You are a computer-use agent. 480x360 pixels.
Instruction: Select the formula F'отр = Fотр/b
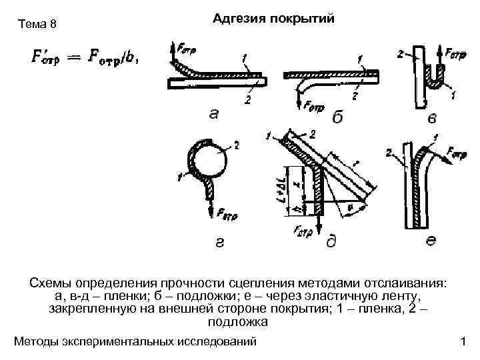click(83, 57)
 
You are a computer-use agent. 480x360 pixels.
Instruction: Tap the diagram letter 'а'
click(214, 113)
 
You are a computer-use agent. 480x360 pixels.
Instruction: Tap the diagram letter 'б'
click(338, 117)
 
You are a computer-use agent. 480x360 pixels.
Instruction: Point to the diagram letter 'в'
click(432, 117)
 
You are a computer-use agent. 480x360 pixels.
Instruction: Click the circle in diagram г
click(207, 159)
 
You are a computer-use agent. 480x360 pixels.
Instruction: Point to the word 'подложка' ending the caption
click(238, 323)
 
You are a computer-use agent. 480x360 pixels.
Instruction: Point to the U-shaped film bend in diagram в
click(437, 81)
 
